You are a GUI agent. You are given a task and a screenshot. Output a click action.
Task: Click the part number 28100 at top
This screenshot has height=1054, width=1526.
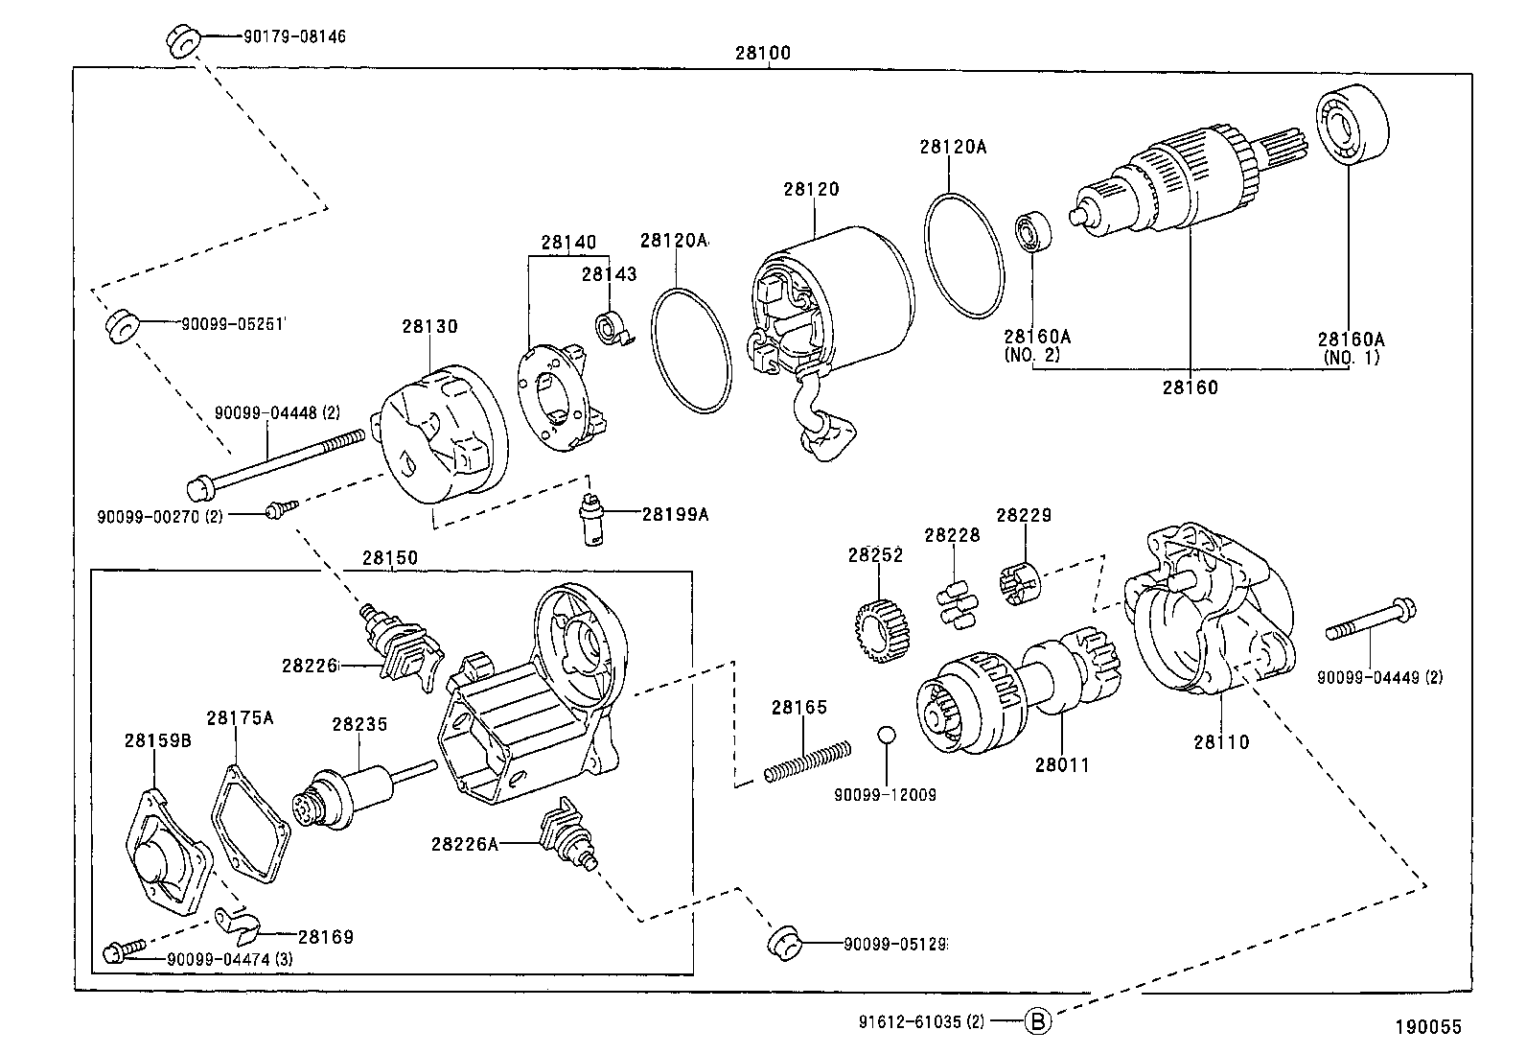(x=763, y=54)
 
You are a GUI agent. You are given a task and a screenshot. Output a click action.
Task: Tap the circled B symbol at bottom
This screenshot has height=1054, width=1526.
(x=1038, y=1021)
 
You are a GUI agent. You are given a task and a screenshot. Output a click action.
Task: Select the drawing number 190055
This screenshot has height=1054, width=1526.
(x=1428, y=1027)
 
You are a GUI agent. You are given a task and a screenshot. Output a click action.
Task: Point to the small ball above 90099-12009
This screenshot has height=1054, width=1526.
(x=887, y=736)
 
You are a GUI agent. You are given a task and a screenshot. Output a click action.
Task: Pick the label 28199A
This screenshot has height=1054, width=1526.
(x=675, y=514)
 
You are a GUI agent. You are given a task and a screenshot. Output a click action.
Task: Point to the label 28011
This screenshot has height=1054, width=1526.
(x=1062, y=765)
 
